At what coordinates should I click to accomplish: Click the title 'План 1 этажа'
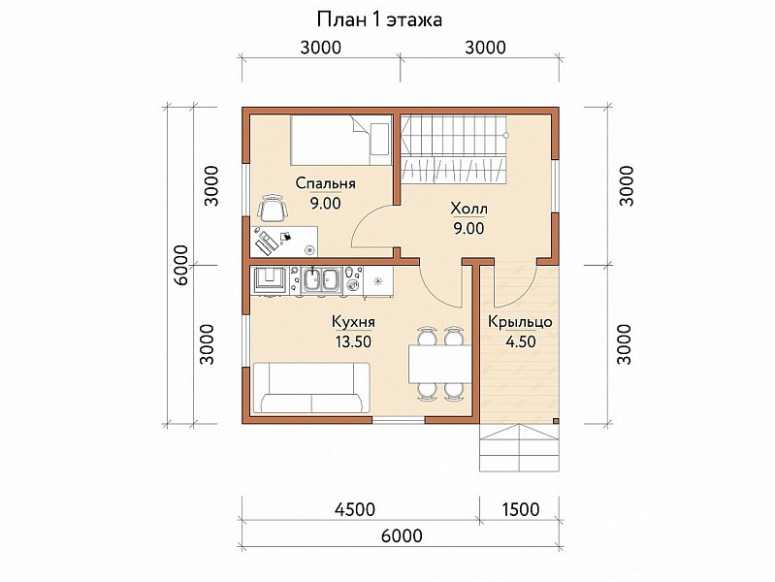pos(379,20)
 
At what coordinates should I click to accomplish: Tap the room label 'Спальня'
pos(325,183)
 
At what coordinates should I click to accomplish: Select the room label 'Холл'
pos(468,209)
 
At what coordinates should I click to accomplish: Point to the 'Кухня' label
pos(353,322)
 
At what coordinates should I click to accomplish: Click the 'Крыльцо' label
pos(520,322)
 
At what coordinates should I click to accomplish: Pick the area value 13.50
pos(353,341)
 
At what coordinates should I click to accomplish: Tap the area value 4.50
pos(521,341)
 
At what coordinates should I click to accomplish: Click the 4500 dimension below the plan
pos(354,509)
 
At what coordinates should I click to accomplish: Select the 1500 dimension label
pos(521,509)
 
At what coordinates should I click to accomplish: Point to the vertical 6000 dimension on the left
pos(181,265)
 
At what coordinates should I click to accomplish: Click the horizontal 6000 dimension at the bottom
pos(402,535)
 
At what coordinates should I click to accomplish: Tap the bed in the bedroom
pos(340,140)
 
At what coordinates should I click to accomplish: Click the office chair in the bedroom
pos(273,208)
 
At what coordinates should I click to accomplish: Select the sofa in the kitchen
pos(311,388)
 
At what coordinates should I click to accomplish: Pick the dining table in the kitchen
pos(440,364)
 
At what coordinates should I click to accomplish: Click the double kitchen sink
pos(322,280)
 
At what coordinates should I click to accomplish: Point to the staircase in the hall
pos(453,148)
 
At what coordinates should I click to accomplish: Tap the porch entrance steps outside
pos(519,447)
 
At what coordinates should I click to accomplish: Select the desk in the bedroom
pos(284,242)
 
